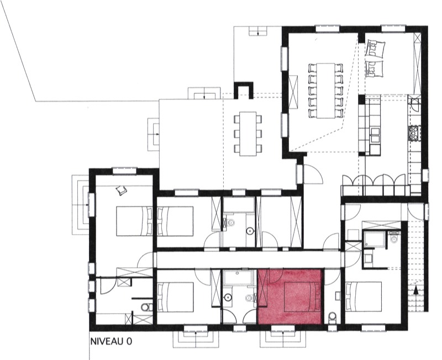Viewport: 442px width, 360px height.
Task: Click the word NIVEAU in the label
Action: [x=108, y=341]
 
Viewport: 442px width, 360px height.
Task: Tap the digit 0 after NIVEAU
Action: [x=129, y=341]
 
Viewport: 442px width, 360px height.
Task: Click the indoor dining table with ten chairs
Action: [x=325, y=91]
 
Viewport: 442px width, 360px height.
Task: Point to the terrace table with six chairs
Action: [x=248, y=134]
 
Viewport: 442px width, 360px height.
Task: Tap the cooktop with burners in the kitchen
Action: [x=414, y=133]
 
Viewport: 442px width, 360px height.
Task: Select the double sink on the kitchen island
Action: [x=376, y=135]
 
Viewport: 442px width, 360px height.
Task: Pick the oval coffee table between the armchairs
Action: [x=375, y=58]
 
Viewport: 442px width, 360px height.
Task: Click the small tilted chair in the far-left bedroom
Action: [x=122, y=190]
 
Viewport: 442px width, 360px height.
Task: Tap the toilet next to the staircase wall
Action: [x=393, y=238]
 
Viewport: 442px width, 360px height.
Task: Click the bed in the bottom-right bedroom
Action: [x=364, y=297]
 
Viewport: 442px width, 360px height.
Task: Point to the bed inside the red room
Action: [x=301, y=297]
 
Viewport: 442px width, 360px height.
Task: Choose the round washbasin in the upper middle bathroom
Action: [x=250, y=231]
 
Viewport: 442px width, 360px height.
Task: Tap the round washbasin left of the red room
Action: [x=228, y=297]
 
